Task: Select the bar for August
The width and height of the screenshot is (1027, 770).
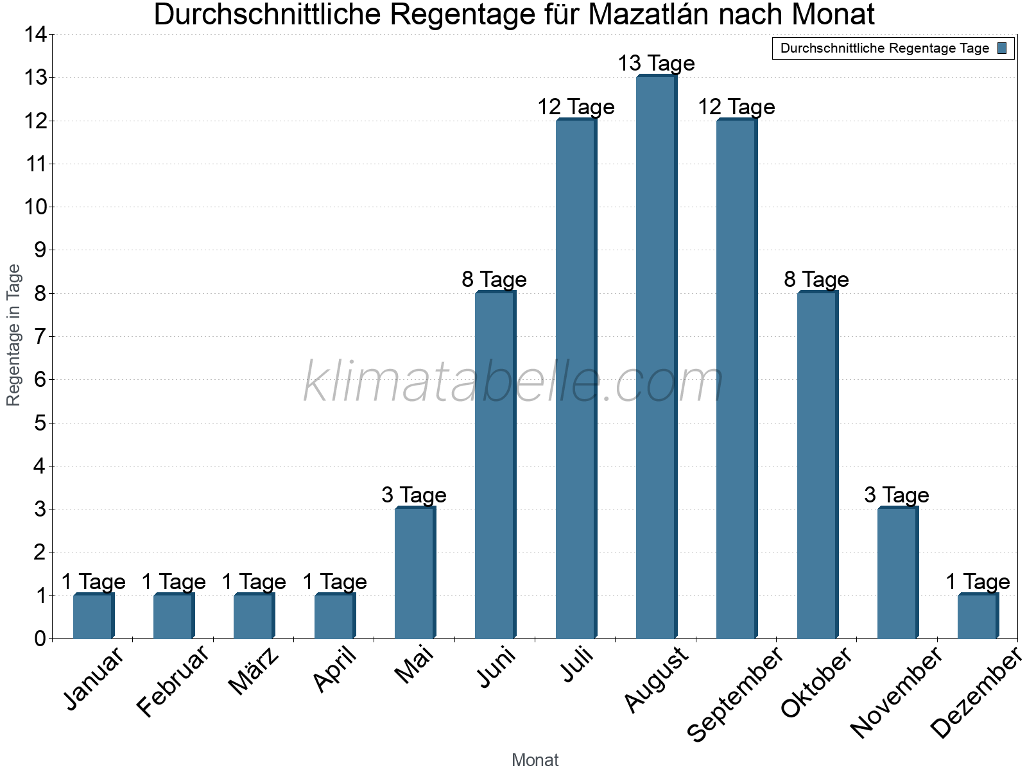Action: click(656, 357)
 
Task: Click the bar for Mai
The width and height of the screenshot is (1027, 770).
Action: click(415, 573)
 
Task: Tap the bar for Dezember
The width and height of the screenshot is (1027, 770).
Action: click(978, 616)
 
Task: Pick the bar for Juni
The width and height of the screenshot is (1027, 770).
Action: click(495, 465)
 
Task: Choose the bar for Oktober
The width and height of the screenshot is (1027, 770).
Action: click(817, 465)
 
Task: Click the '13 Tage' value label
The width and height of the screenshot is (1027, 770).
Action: click(656, 64)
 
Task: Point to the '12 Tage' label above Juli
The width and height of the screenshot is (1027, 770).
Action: click(576, 107)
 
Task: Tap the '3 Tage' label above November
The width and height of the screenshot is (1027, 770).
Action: click(897, 495)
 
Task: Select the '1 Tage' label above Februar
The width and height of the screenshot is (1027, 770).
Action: click(173, 582)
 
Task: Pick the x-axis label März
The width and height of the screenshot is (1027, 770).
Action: click(254, 671)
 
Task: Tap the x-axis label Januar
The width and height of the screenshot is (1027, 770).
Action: click(94, 679)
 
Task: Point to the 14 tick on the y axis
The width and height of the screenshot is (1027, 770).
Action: click(35, 35)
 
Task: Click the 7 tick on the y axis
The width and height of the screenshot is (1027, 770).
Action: click(40, 336)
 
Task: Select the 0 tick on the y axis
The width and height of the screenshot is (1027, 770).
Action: click(40, 638)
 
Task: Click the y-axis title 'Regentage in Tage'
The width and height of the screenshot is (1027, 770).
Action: click(13, 335)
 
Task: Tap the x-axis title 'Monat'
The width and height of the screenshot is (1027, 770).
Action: click(535, 760)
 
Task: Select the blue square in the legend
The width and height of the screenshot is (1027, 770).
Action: click(1002, 48)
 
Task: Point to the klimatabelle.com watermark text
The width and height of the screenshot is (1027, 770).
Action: click(513, 382)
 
